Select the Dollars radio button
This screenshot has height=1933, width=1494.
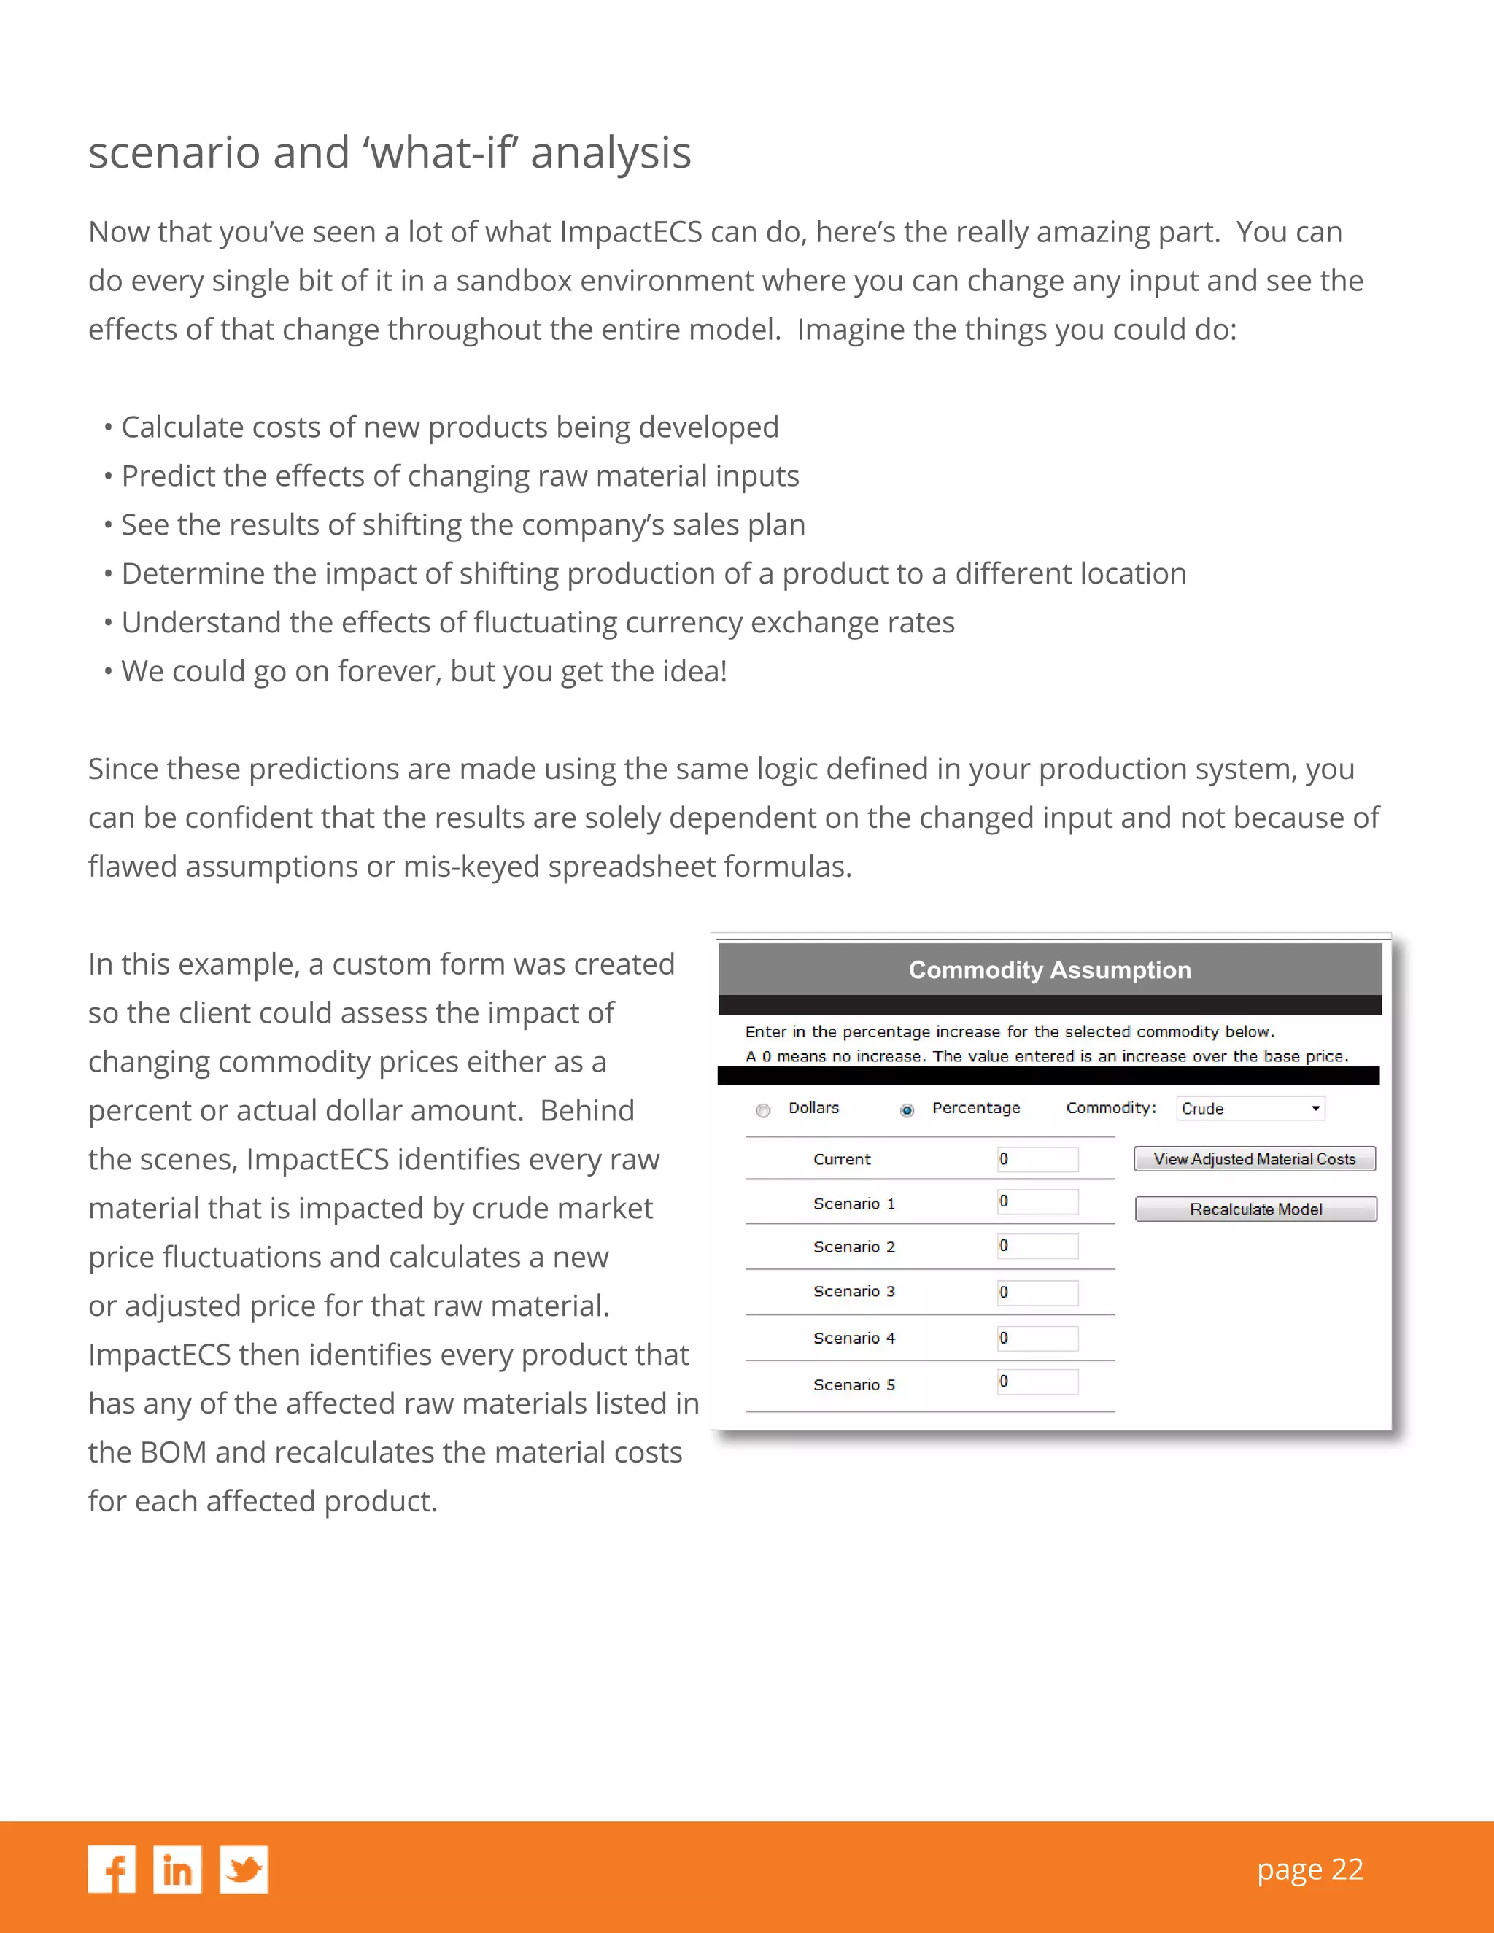tap(764, 1110)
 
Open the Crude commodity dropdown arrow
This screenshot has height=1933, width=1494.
tap(1315, 1108)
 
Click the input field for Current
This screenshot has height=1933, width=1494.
tap(1037, 1160)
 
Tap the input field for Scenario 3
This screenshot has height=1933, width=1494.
tap(1037, 1293)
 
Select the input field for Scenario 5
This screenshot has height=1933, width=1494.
tap(1037, 1382)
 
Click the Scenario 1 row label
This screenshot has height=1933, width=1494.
tap(854, 1204)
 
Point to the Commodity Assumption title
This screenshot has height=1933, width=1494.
tap(1050, 970)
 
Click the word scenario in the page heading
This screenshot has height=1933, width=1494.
tap(175, 152)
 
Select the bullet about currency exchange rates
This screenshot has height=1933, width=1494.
tap(537, 622)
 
